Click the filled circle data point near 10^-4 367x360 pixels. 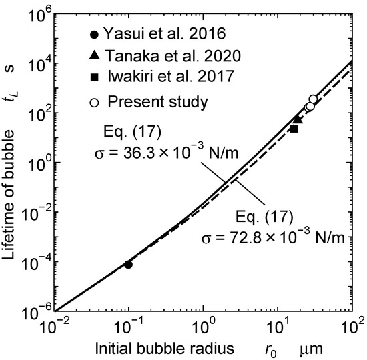pos(128,265)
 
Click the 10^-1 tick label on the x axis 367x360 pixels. pos(127,327)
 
